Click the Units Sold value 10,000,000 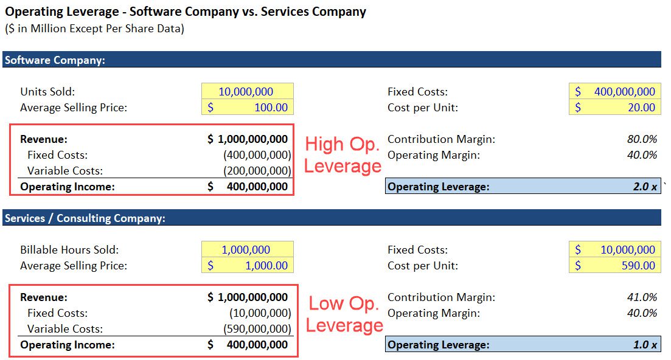tap(246, 92)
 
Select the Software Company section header tap(55, 60)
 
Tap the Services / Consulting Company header tap(85, 218)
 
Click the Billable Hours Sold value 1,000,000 tap(246, 250)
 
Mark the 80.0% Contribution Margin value tap(642, 139)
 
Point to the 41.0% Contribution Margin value tap(642, 297)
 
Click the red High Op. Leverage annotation tap(342, 154)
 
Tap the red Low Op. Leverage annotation tap(344, 314)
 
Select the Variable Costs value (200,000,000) tap(257, 171)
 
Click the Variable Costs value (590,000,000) tap(257, 329)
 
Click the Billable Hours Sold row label tap(69, 250)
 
